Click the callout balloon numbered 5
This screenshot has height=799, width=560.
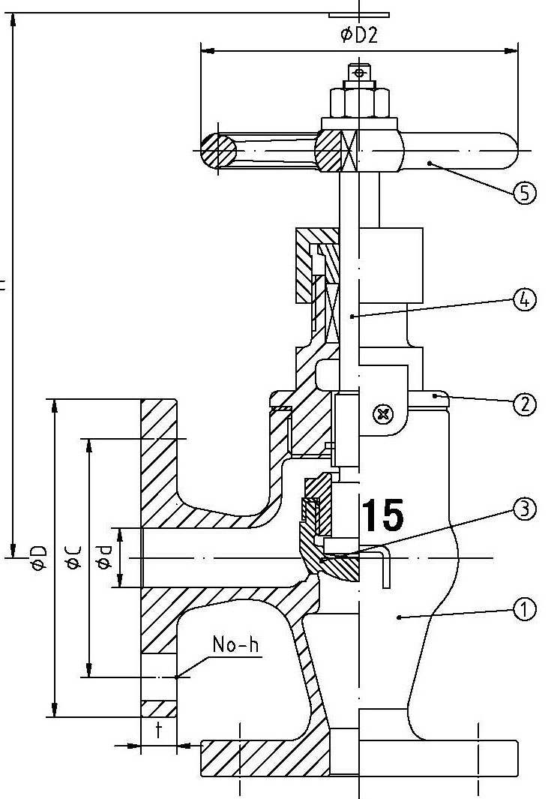click(525, 193)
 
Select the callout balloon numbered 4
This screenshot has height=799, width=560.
click(525, 301)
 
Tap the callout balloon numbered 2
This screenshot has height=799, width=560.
click(525, 404)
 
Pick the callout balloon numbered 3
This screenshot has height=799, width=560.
click(525, 509)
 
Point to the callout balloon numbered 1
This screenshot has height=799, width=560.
click(525, 609)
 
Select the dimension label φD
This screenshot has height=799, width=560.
click(39, 558)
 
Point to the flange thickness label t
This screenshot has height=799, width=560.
click(158, 730)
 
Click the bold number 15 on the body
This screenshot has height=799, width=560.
click(382, 515)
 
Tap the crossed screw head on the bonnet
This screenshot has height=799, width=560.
click(384, 413)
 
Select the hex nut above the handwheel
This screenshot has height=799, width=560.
click(359, 102)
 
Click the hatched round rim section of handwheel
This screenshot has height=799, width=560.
click(218, 151)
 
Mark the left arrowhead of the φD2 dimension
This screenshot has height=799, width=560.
click(207, 51)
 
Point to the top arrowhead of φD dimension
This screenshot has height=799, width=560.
click(53, 406)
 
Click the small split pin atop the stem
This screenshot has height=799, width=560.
click(360, 73)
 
